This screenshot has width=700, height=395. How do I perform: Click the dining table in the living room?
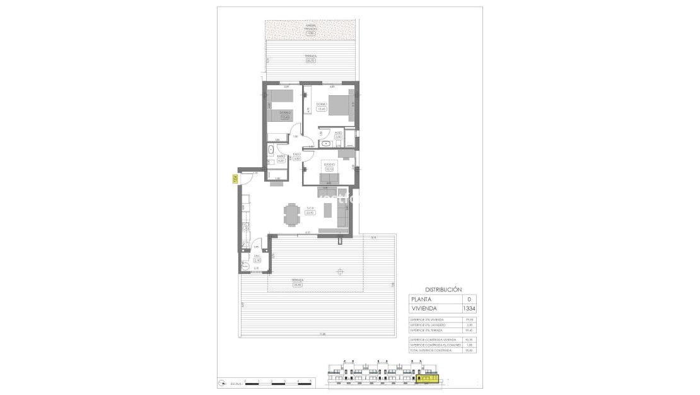pyautogui.click(x=291, y=213)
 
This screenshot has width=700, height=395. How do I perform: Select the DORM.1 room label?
pyautogui.click(x=321, y=105)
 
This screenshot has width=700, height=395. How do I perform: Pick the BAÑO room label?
pyautogui.click(x=281, y=157)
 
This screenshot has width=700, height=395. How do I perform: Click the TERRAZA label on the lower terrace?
pyautogui.click(x=298, y=282)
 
